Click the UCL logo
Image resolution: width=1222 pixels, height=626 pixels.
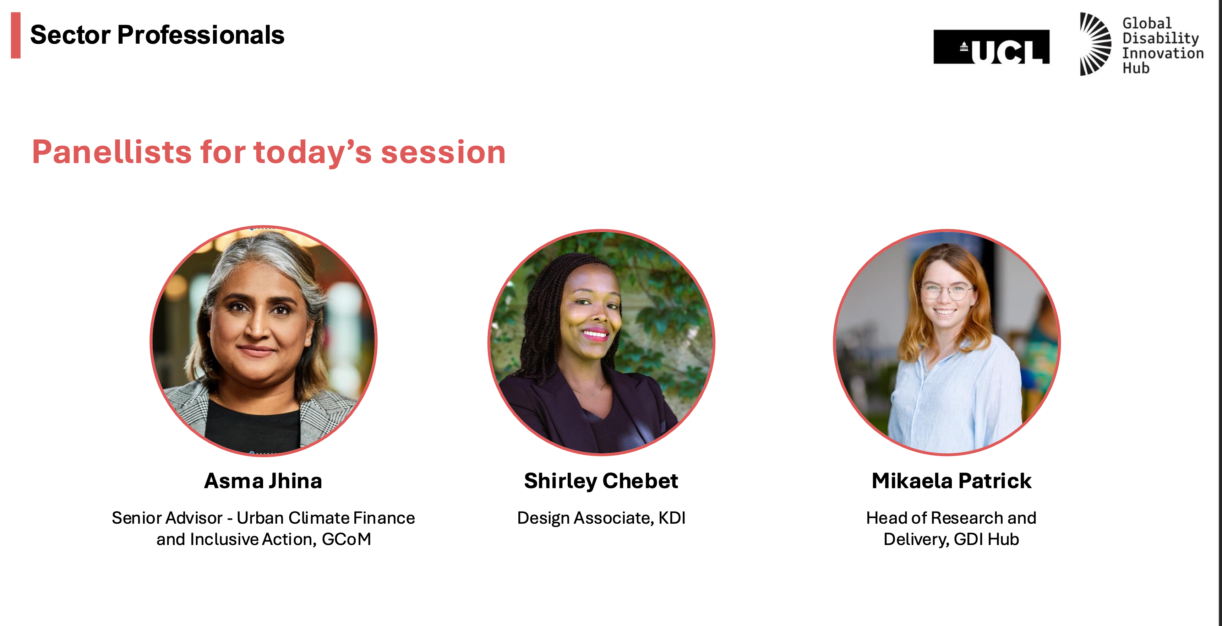(x=992, y=47)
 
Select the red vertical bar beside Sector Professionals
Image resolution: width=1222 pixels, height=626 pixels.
(x=16, y=35)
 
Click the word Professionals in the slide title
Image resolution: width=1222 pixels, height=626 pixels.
(x=201, y=35)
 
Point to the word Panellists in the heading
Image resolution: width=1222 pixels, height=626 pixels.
(x=112, y=152)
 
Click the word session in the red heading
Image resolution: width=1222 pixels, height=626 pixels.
(x=443, y=153)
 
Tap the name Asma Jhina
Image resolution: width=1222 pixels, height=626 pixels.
(x=263, y=481)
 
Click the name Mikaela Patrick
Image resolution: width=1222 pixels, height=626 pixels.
(x=951, y=481)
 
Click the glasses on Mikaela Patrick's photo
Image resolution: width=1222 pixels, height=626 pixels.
(x=946, y=291)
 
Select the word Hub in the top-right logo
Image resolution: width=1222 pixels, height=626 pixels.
(x=1136, y=68)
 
